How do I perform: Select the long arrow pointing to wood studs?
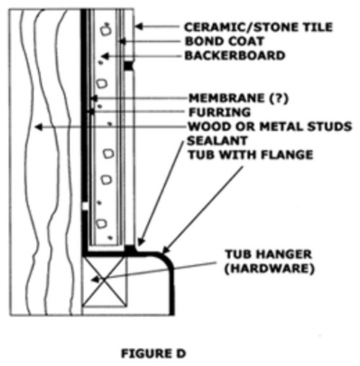[108, 127]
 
